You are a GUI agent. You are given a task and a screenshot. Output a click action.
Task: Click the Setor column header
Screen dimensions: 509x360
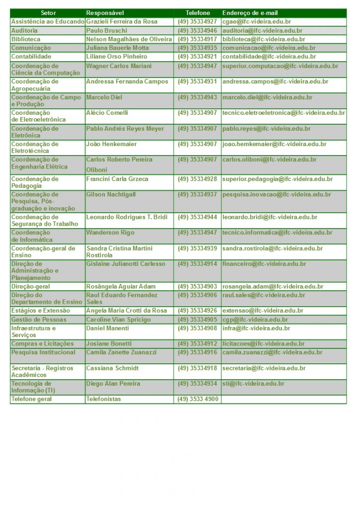point(48,13)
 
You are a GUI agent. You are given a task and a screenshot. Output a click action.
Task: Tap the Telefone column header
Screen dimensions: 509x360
point(198,13)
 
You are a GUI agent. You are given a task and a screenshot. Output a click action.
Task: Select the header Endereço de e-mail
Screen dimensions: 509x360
point(250,13)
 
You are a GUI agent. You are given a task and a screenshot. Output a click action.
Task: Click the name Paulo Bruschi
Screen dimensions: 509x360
point(106,31)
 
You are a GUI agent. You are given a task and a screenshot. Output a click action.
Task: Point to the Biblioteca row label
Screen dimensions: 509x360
point(26,39)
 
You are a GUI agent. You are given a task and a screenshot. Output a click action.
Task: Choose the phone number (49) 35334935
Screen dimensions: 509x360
point(197,48)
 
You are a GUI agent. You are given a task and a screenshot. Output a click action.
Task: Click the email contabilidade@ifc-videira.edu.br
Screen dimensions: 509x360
point(269,57)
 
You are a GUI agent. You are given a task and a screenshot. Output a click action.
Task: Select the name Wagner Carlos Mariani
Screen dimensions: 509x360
point(119,66)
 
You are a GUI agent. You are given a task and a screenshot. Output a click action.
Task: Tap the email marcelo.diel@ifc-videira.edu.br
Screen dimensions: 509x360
point(268,97)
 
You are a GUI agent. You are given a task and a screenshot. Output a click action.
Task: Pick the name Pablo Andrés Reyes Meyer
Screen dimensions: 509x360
point(125,129)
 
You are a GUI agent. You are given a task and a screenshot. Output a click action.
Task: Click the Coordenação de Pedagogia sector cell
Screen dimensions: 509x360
point(35,182)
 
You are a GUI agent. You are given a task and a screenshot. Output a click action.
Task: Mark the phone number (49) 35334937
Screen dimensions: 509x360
point(197,194)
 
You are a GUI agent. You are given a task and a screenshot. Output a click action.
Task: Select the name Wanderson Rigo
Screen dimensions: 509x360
point(110,233)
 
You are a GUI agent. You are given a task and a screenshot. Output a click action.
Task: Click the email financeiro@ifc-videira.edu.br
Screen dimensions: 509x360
point(264,264)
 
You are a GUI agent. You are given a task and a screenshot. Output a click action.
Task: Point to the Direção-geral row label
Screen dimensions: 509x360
point(31,287)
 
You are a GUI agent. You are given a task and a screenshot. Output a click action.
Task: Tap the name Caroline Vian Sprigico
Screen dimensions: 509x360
point(118,320)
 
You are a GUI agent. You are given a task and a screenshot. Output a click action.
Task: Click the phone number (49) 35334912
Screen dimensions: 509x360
point(197,344)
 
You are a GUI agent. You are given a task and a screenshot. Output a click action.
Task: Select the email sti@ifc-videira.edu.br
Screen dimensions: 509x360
point(253,384)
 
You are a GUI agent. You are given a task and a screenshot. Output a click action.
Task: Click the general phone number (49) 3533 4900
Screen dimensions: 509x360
point(198,399)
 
